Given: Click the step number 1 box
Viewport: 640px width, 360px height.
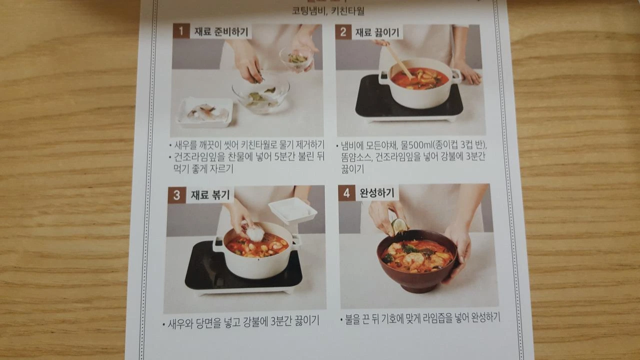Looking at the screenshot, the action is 181,31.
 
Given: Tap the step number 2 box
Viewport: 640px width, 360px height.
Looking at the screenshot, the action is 343,32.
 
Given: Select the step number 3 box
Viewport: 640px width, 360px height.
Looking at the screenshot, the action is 177,195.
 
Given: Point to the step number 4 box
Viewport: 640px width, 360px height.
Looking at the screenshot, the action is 347,193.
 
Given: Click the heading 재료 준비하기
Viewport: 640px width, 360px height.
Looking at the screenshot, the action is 221,31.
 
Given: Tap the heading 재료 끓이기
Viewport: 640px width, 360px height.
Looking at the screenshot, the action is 377,32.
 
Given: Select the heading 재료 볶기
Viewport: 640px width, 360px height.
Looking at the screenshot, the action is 210,195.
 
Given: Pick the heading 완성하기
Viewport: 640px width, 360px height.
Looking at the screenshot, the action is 377,193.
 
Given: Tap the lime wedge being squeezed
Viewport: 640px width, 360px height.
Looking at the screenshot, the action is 399,226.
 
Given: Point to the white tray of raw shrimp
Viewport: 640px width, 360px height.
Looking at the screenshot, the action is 205,112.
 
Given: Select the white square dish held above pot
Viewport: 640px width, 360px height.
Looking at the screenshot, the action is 292,210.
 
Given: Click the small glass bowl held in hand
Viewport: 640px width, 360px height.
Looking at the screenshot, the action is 296,59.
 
